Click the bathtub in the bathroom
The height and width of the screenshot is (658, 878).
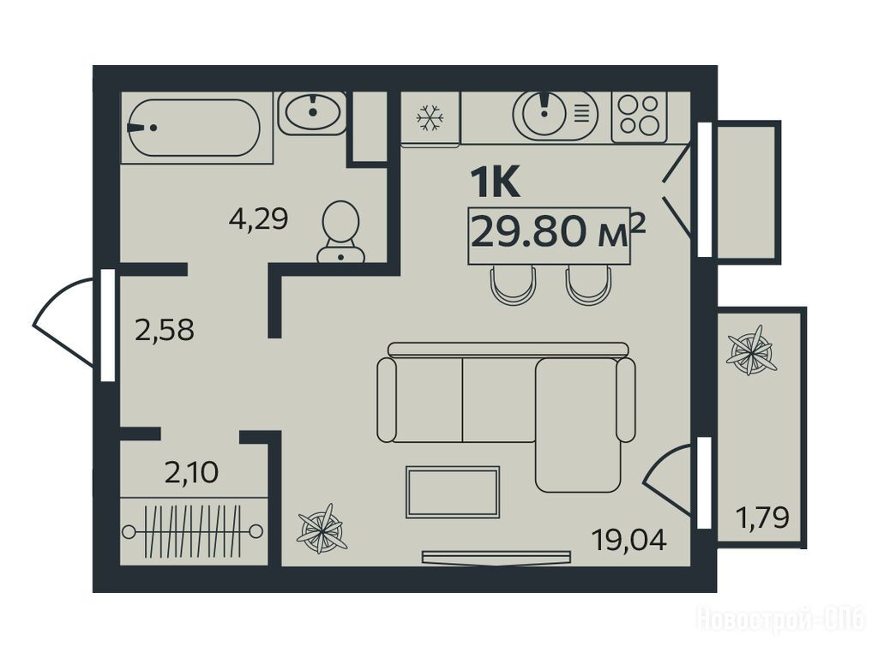[194, 128]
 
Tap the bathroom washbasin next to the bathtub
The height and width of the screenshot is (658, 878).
[312, 112]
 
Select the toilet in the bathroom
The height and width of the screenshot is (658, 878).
[340, 232]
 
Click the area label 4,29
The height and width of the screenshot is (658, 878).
[258, 218]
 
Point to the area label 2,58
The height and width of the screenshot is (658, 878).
[165, 330]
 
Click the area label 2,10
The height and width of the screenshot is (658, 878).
[191, 473]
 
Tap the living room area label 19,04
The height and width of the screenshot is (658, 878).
[629, 541]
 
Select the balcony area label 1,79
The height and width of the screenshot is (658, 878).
[762, 517]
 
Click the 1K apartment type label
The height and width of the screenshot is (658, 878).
[496, 182]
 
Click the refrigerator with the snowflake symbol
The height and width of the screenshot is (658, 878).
[430, 118]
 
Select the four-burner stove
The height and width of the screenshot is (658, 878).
[639, 117]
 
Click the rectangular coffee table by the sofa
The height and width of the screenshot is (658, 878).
[453, 492]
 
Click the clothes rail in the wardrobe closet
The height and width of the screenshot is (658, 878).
[192, 531]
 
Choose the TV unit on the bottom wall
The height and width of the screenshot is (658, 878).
[496, 558]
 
